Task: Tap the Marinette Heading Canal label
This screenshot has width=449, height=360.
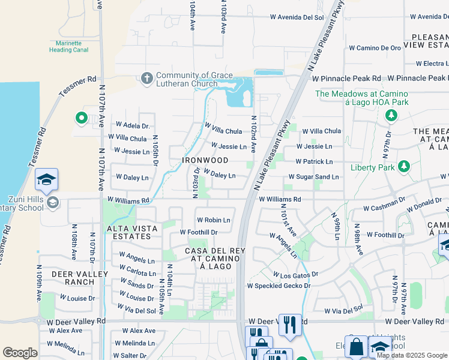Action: pos(69,46)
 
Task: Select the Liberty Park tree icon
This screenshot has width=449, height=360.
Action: pos(405,166)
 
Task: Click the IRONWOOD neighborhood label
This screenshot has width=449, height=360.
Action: pos(206,161)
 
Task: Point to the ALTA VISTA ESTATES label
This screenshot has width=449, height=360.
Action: pos(132,232)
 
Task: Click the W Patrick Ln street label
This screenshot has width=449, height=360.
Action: pos(315,162)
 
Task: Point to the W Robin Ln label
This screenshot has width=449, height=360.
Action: pos(213,220)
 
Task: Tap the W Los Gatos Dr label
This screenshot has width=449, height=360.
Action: pos(295,274)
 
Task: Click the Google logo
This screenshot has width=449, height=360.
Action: pos(20,353)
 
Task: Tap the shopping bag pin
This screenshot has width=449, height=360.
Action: pos(356,347)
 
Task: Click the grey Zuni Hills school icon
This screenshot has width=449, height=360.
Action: pos(53,203)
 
